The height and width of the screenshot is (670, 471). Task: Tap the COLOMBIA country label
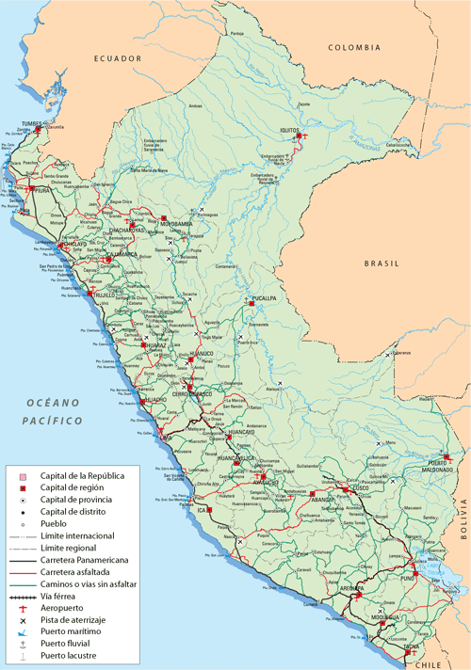click(354, 47)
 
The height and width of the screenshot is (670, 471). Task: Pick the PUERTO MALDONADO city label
click(434, 462)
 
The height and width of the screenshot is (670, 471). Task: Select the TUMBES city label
click(32, 123)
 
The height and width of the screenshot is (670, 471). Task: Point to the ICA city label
click(201, 510)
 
